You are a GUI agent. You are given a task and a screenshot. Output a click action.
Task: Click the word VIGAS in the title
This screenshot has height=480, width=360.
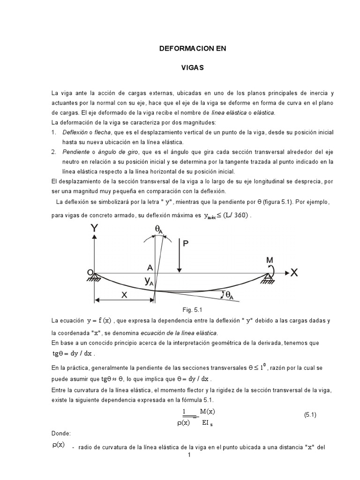coord(192,68)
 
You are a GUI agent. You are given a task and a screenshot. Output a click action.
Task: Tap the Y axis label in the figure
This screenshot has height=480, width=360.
coord(95,229)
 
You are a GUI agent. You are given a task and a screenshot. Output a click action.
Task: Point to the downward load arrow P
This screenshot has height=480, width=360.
coord(179,256)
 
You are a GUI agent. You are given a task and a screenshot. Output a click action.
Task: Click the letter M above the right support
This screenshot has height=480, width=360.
coord(270,260)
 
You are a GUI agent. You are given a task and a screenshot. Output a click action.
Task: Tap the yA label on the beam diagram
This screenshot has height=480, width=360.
coord(150,281)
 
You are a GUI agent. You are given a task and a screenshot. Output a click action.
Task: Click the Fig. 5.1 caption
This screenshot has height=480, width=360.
coord(191,310)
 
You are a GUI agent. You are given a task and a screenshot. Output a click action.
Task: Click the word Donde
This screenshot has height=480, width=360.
coord(61,434)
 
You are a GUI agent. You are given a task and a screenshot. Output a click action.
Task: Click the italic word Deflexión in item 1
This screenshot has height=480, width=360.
coord(75,133)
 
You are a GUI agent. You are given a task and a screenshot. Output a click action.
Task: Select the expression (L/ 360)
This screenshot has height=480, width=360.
coord(235,215)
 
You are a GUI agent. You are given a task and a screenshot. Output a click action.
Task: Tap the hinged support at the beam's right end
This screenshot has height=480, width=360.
coord(268,278)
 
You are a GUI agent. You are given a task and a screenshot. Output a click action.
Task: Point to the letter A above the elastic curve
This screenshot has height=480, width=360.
coord(150,267)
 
